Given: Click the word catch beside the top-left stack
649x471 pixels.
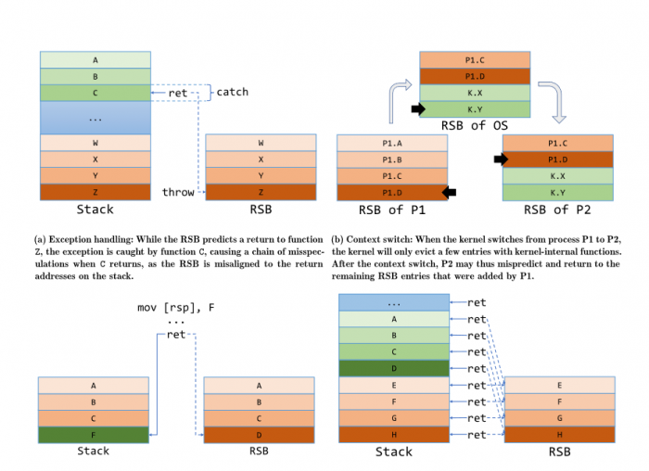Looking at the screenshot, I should [232, 92].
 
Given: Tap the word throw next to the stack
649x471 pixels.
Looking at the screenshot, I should [178, 192].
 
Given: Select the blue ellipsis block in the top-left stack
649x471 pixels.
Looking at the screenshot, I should [95, 118].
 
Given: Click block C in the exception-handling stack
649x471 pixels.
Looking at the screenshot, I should [95, 93].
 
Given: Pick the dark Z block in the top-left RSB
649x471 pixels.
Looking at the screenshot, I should [261, 192].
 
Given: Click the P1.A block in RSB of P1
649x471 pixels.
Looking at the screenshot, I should [392, 143].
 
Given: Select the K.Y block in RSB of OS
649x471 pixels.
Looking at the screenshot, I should [475, 108].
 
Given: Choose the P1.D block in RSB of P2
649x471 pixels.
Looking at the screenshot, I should [558, 159].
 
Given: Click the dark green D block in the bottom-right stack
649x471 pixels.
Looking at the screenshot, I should [394, 369].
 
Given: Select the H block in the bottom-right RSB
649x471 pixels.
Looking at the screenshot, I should [559, 434].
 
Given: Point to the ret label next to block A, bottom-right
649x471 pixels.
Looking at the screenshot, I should [477, 319].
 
